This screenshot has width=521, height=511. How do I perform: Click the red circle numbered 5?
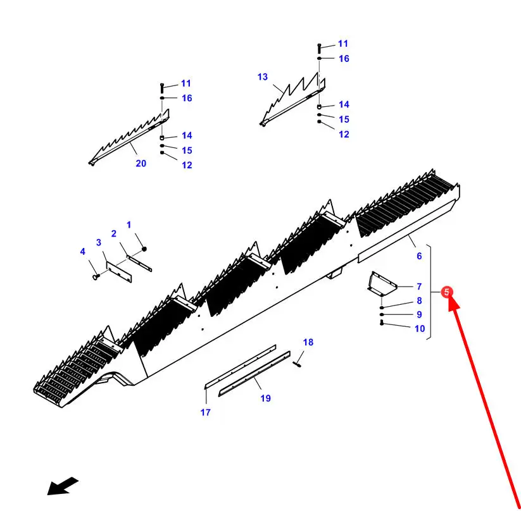click(x=447, y=292)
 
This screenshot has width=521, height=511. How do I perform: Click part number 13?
click(x=263, y=77)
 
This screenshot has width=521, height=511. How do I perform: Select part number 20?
click(x=141, y=163)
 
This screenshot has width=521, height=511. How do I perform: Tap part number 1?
click(x=129, y=225)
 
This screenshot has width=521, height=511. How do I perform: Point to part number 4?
click(x=82, y=252)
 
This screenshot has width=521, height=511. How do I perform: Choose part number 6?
click(x=419, y=256)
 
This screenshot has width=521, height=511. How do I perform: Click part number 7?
click(x=419, y=286)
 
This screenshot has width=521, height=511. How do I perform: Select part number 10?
click(x=420, y=328)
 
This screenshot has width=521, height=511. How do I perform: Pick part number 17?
click(x=206, y=412)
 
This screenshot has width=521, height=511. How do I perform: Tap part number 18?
click(x=308, y=343)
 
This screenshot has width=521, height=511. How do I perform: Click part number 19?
click(x=265, y=398)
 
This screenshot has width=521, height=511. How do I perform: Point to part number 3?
click(x=99, y=242)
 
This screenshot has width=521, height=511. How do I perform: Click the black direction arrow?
click(x=63, y=486)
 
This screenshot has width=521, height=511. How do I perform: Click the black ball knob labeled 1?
click(x=144, y=247)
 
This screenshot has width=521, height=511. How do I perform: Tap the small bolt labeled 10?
click(x=382, y=323)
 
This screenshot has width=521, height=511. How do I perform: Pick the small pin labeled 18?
click(x=298, y=362)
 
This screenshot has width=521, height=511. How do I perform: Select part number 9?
click(x=419, y=314)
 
